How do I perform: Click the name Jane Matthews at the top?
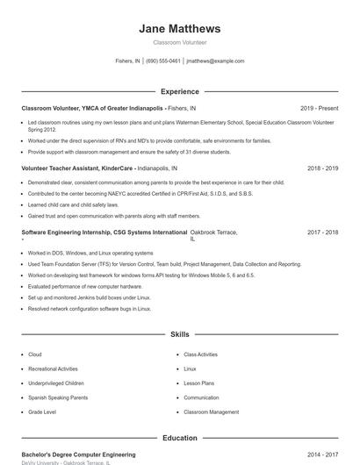179,28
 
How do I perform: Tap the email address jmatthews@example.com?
215,61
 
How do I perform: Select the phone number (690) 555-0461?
163,61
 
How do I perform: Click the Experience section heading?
179,91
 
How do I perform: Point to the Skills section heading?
179,334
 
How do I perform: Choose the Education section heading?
179,438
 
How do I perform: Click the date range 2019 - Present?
319,108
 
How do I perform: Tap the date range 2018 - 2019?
322,168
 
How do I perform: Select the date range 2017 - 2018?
322,232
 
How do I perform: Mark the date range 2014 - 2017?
322,454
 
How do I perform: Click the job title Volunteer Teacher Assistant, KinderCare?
78,168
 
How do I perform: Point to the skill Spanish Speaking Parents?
58,397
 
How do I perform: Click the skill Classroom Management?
211,411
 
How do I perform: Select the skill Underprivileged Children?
56,383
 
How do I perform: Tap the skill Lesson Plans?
198,383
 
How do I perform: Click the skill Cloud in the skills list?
35,354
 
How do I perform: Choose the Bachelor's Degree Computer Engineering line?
78,454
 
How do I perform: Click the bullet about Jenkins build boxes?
90,297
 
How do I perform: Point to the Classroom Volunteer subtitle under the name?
179,42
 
